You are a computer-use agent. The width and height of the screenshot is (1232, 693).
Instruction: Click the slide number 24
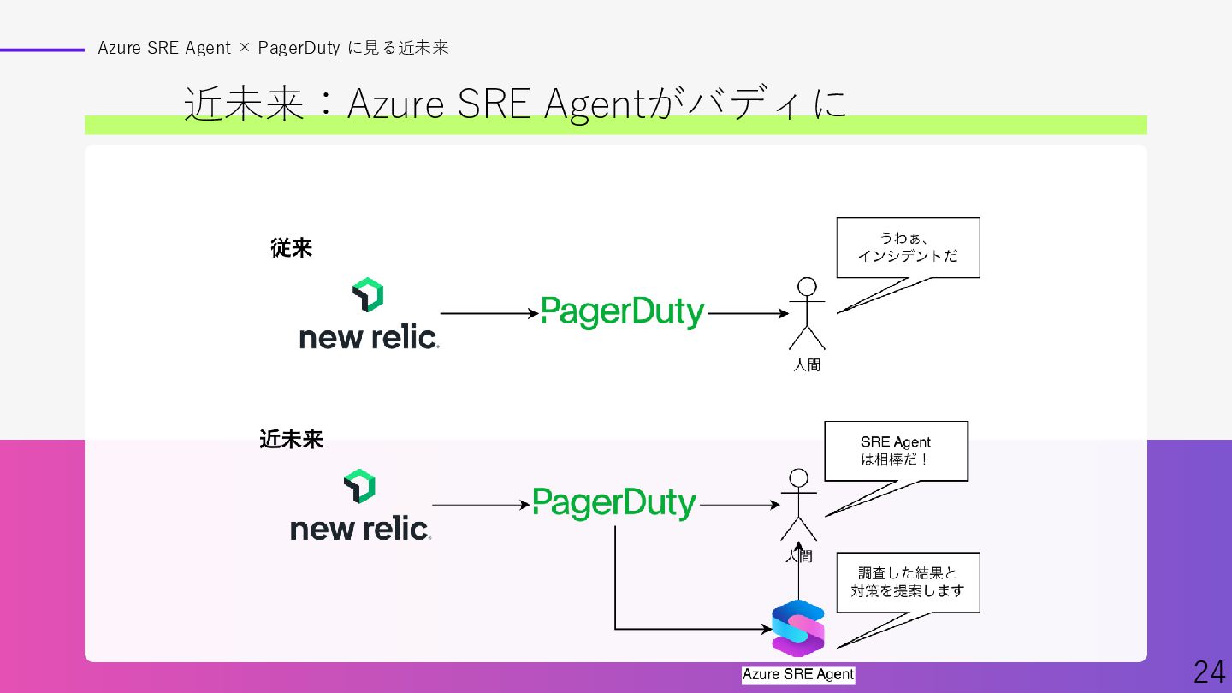click(1209, 672)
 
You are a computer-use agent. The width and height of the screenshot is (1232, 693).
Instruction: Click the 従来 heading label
click(292, 248)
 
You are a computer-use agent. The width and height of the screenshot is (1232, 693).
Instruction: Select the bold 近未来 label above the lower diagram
click(292, 440)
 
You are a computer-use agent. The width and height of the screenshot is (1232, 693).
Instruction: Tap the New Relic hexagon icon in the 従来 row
click(368, 294)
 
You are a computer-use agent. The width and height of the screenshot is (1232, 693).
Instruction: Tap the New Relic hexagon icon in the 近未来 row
click(359, 486)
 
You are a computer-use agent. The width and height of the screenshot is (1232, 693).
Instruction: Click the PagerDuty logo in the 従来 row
click(623, 312)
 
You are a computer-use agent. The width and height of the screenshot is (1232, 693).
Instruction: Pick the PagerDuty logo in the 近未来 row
click(614, 503)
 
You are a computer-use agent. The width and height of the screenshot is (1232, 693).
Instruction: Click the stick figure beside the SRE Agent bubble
click(798, 505)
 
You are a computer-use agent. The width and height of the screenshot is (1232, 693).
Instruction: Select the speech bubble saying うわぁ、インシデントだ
click(908, 247)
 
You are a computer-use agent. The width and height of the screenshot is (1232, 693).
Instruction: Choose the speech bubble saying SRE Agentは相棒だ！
click(896, 451)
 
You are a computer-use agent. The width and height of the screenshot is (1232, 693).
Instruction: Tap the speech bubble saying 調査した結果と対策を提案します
click(908, 582)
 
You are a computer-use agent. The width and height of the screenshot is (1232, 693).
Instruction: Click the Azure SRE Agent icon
click(797, 629)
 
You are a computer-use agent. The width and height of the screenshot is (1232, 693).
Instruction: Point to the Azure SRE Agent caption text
click(798, 674)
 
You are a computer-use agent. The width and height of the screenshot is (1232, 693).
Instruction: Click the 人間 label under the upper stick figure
click(807, 365)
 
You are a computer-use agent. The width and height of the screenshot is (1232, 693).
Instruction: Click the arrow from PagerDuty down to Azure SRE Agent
click(616, 590)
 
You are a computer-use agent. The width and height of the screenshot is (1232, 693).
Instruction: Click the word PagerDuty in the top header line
click(299, 48)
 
